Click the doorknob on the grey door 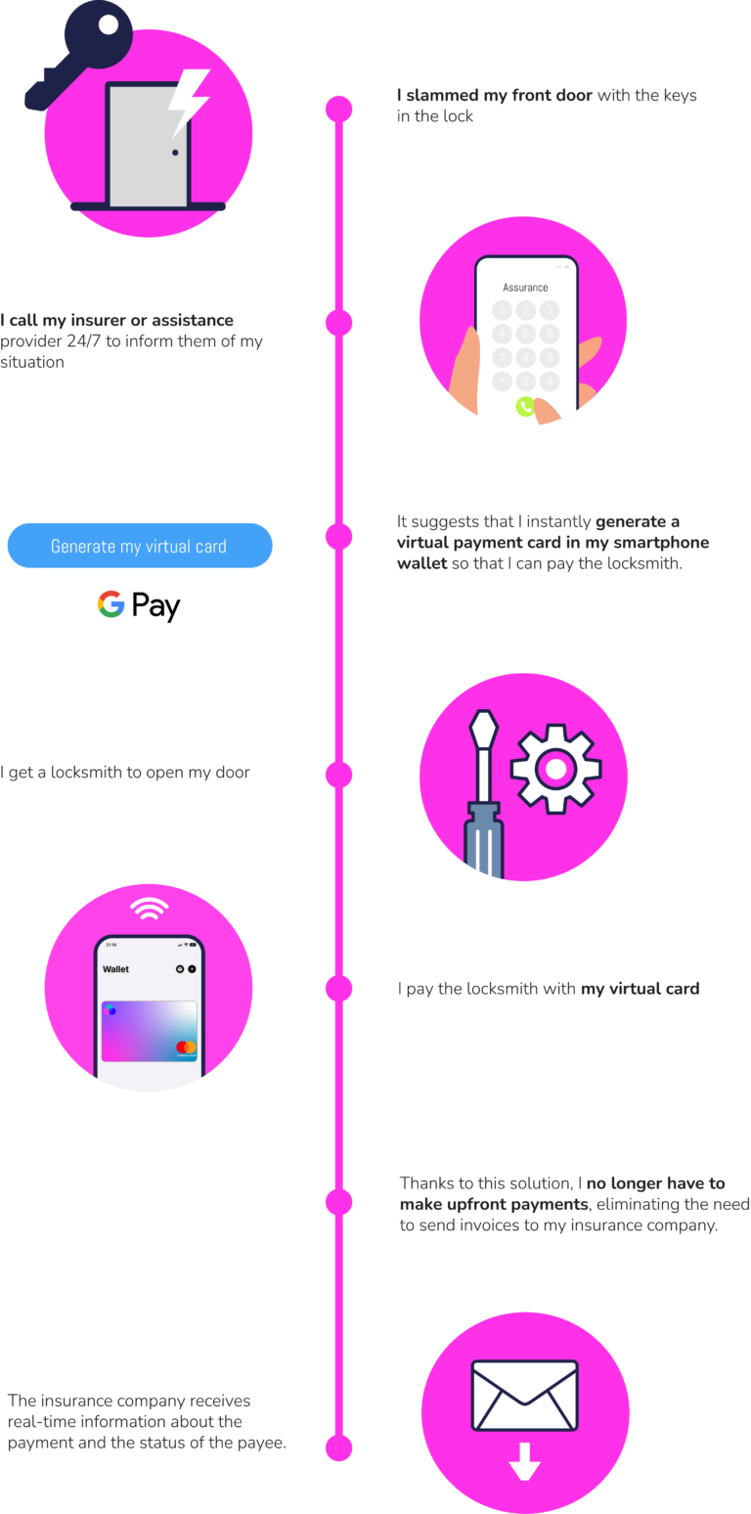[175, 153]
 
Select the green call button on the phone [525, 407]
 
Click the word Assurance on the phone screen [525, 288]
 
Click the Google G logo [110, 604]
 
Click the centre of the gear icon [555, 770]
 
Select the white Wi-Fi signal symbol [149, 911]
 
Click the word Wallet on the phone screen [115, 969]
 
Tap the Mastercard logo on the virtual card [186, 1047]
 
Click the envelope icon [525, 1395]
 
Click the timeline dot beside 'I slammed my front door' [339, 109]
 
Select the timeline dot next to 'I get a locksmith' [339, 775]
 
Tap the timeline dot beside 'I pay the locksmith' [339, 989]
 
